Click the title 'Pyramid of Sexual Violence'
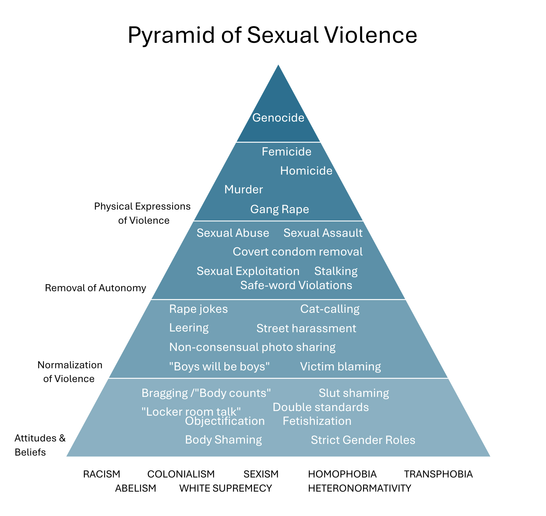coord(272,35)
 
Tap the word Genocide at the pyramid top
coord(278,117)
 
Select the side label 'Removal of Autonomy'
coord(95,288)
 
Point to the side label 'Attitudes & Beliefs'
coord(40,445)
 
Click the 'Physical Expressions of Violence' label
coord(142,213)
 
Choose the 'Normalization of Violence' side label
coord(70,371)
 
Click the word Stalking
coord(336,271)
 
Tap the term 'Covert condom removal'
coord(298,252)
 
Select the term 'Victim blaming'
coord(340,367)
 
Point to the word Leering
coord(189,328)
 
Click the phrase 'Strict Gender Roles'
coord(363,440)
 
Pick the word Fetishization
coord(317,421)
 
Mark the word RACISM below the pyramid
coord(101,474)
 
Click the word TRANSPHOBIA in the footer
coord(438,474)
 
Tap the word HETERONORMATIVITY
coord(359,488)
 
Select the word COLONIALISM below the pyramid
coord(181,474)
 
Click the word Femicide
coord(286,152)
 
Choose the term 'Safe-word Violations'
coord(296,285)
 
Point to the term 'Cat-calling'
coord(330,309)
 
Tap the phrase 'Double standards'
coord(321,407)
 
